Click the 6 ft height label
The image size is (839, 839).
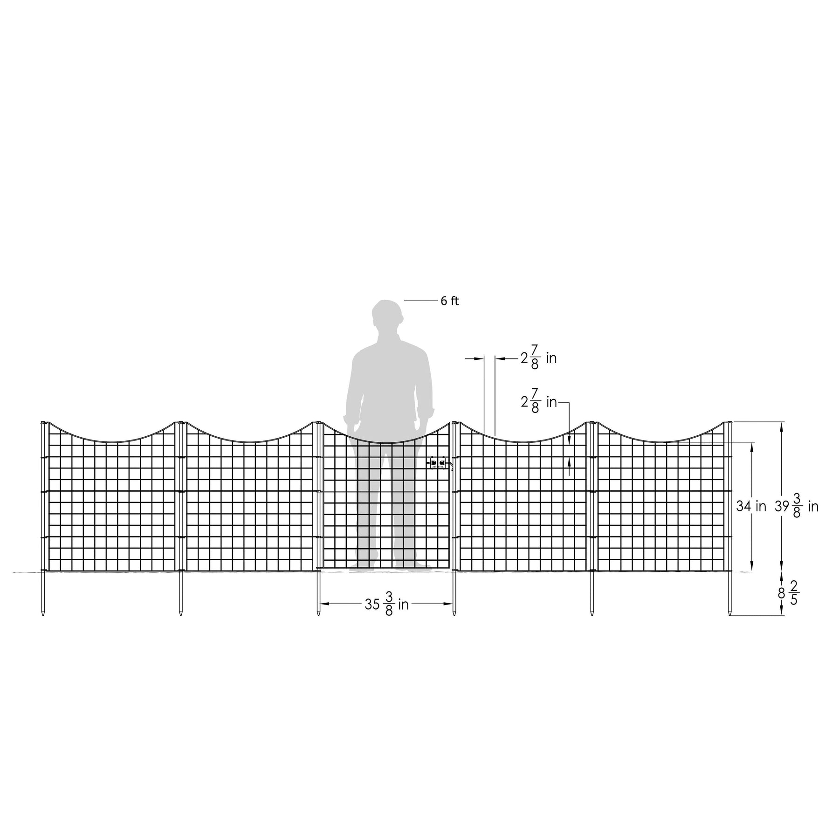pyautogui.click(x=449, y=301)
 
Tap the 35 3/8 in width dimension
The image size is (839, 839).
pyautogui.click(x=386, y=605)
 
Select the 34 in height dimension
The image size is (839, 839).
pyautogui.click(x=751, y=506)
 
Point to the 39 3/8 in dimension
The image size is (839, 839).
pyautogui.click(x=797, y=507)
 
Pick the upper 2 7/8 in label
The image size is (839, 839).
pyautogui.click(x=539, y=358)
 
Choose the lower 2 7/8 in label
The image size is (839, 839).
pyautogui.click(x=539, y=402)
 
